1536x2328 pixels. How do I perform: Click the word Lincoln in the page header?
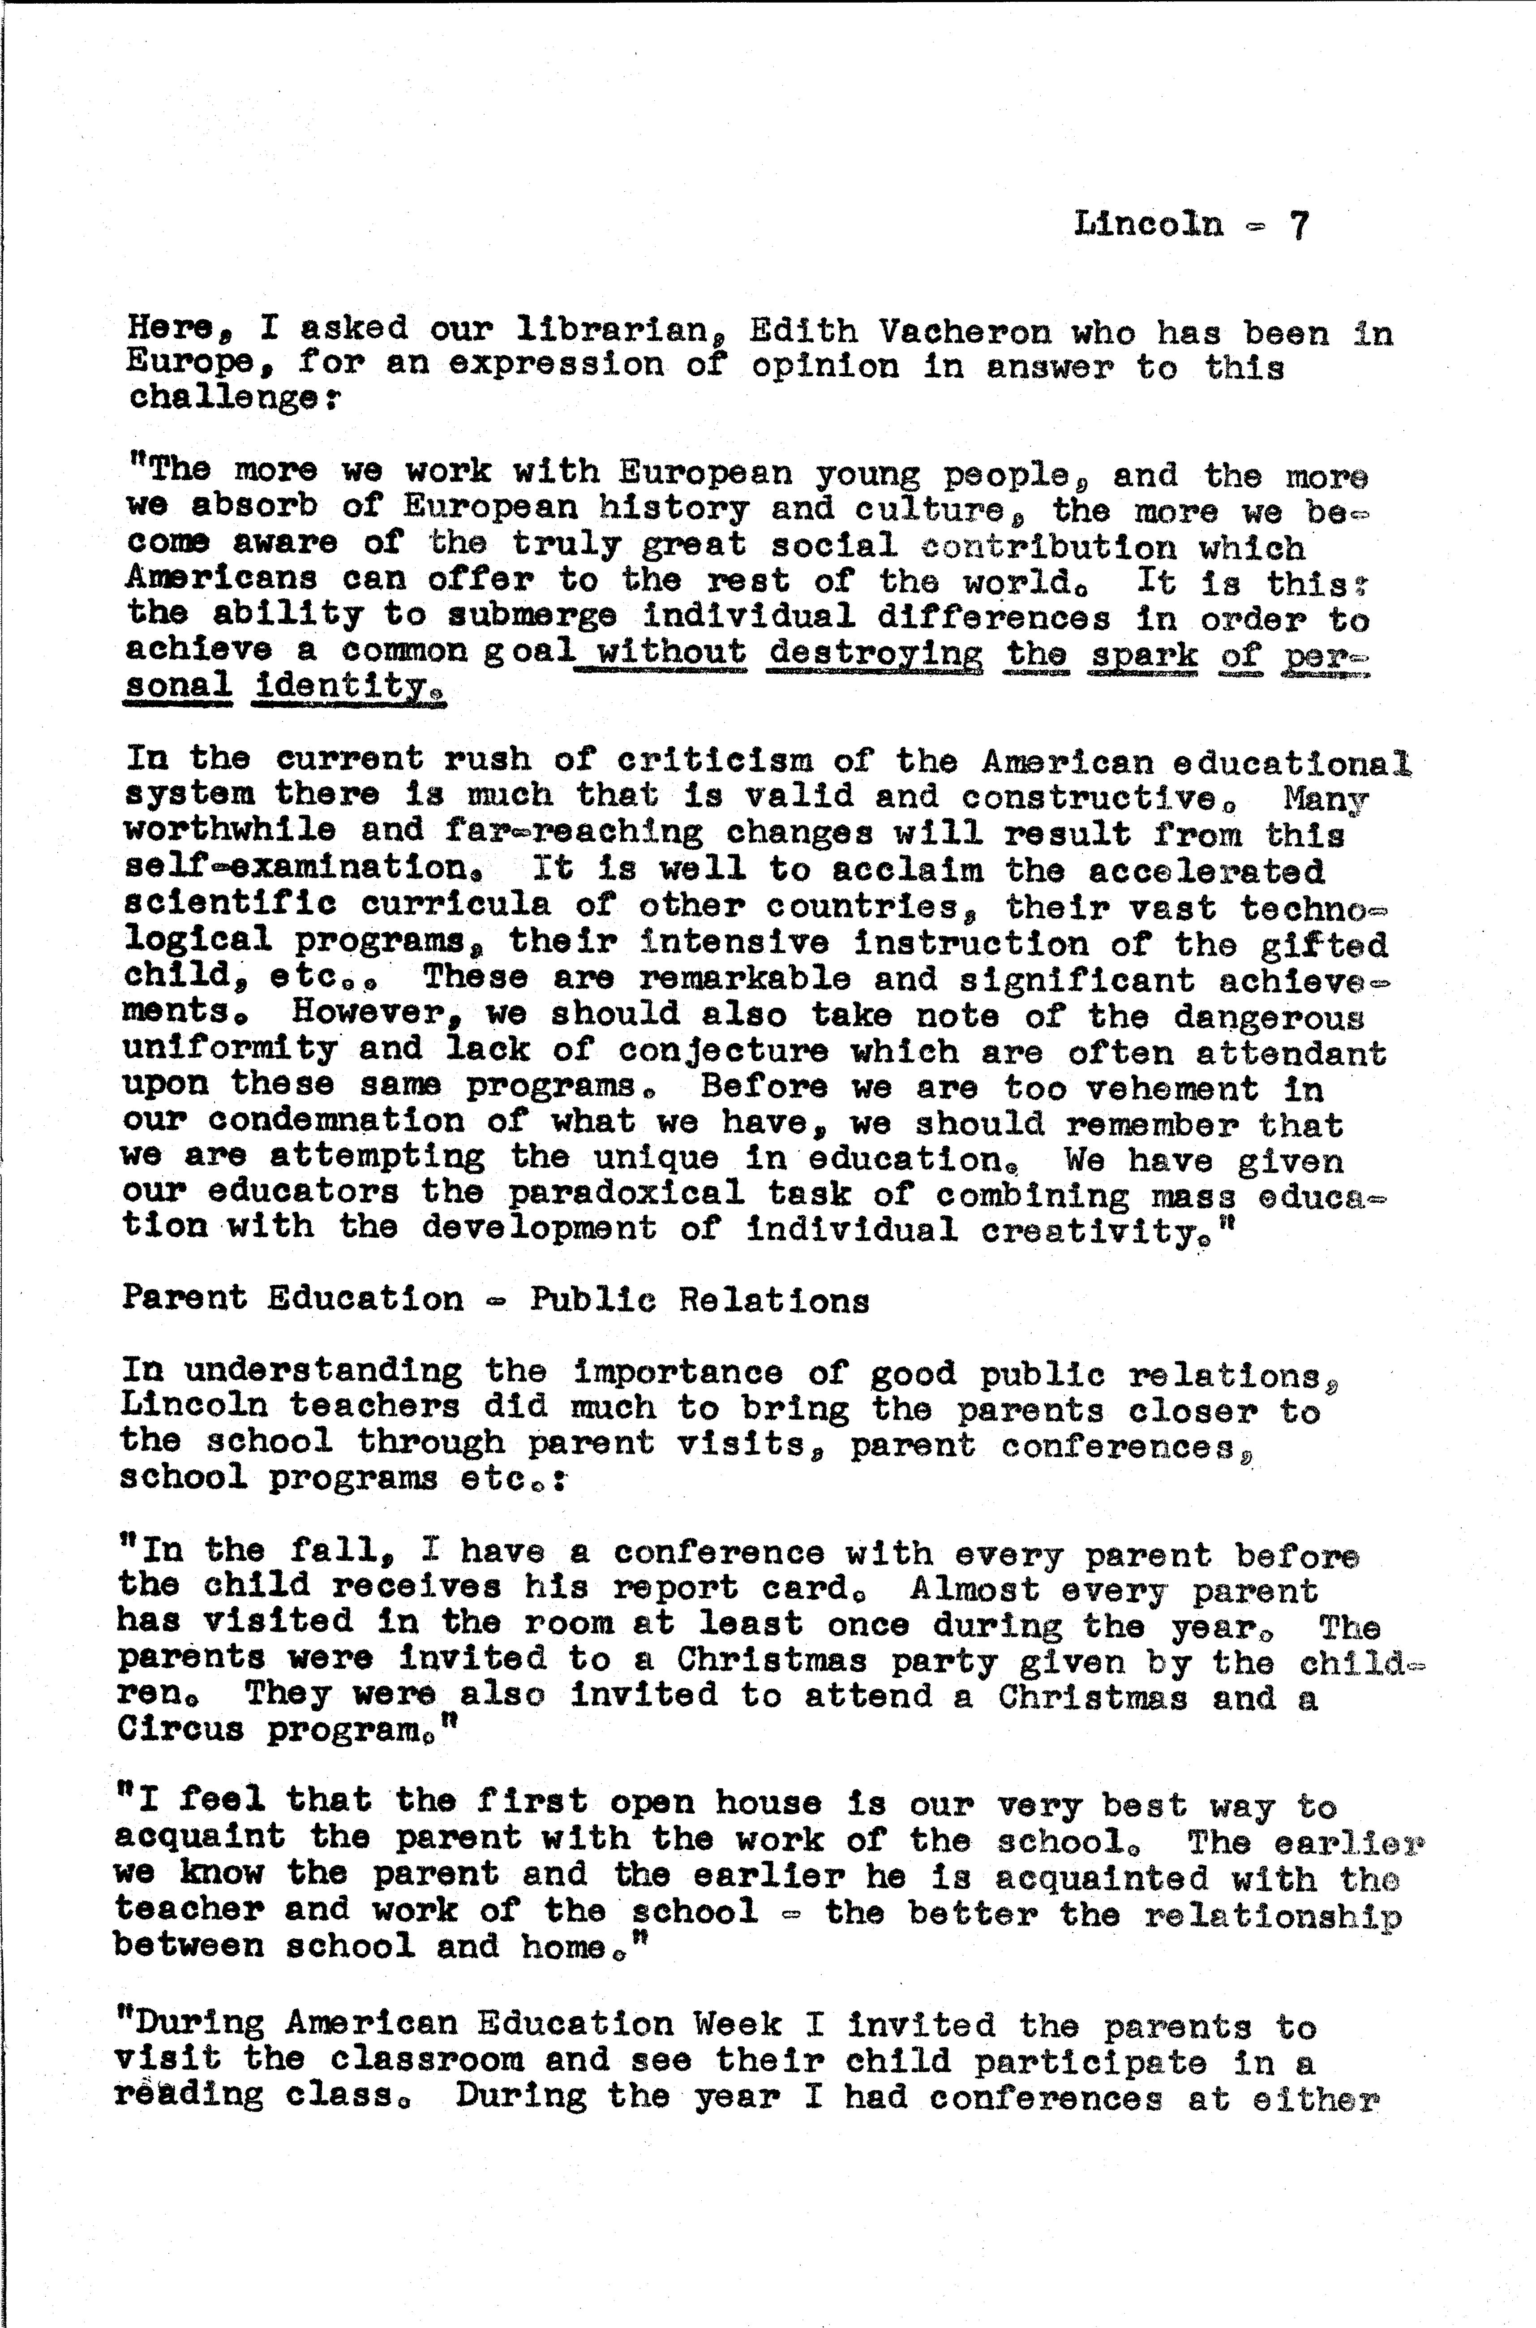1149,224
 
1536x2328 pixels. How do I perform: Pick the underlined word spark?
1143,654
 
